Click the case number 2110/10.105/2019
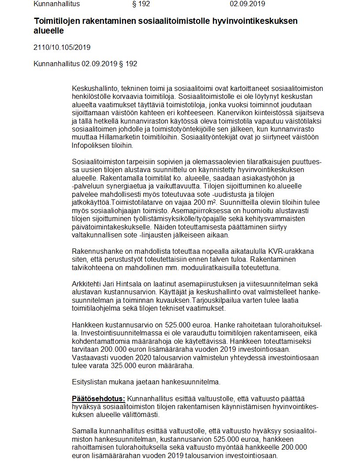(62, 47)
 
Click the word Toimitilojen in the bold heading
(56, 22)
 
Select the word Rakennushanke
(94, 251)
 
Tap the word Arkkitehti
(86, 283)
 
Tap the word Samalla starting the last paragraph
(84, 431)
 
